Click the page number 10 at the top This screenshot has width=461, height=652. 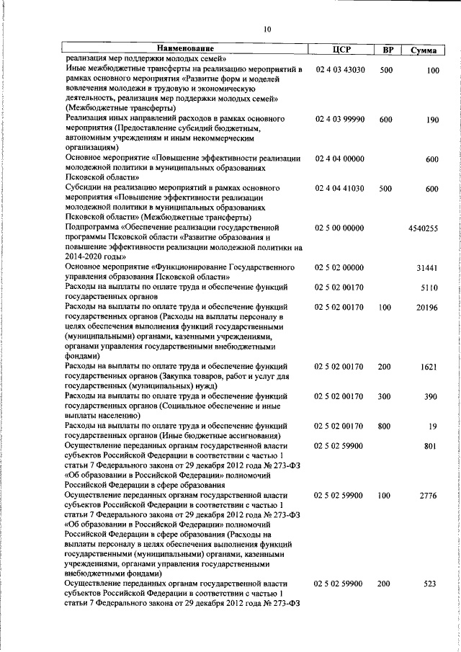pos(267,30)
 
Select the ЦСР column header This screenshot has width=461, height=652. pos(341,50)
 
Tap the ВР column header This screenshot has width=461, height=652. pos(388,50)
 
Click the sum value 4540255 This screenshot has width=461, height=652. pos(423,228)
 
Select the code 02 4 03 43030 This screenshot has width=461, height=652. pos(341,70)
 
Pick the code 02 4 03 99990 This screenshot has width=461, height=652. pos(341,120)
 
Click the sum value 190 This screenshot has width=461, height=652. pos(432,120)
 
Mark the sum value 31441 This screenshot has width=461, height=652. pos(427,267)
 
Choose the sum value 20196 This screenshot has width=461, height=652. pos(427,307)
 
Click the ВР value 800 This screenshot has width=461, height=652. pos(385,427)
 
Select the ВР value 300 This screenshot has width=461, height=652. pos(385,397)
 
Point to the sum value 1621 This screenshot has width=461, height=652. pos(429,367)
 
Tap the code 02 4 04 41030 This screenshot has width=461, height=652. pos(341,189)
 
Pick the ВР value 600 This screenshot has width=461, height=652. pos(385,120)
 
